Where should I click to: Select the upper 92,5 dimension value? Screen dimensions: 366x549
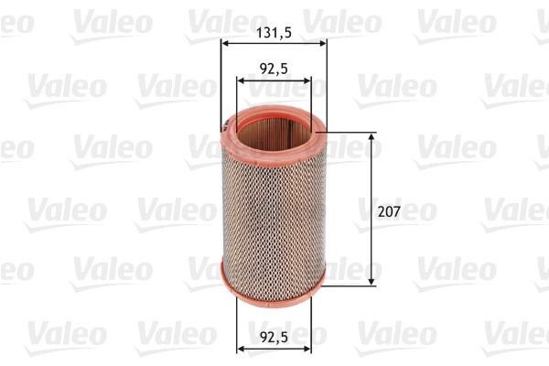[274, 68]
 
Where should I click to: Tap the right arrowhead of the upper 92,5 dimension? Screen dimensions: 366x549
[307, 81]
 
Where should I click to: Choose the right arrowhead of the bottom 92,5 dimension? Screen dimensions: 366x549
[307, 348]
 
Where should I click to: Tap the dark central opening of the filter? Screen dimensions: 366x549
[274, 128]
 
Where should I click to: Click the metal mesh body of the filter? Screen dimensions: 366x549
[274, 210]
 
